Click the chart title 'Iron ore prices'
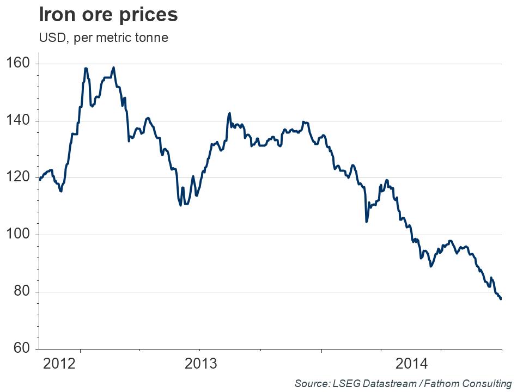point(108,15)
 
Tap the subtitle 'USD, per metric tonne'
point(103,38)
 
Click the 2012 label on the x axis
point(58,364)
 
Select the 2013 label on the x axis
point(201,364)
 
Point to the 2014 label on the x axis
point(412,364)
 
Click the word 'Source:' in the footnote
point(311,383)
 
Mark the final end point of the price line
point(501,298)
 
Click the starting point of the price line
point(40,179)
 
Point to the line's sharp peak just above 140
point(229,113)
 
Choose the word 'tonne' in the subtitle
point(153,38)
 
